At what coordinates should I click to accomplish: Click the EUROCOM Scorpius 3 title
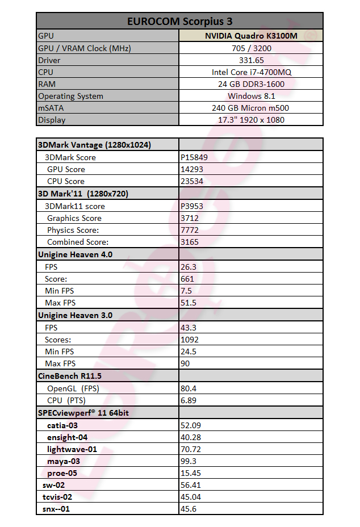(179, 21)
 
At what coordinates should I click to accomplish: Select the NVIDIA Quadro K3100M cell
(251, 36)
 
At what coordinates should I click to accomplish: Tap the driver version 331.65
(251, 60)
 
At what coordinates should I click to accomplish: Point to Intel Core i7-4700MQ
(251, 72)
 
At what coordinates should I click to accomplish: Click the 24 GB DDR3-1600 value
(251, 84)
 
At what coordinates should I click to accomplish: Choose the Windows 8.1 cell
(251, 96)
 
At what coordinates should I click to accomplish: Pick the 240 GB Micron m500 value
(251, 108)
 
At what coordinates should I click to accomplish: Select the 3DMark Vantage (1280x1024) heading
(94, 145)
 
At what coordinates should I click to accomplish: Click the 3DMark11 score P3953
(190, 206)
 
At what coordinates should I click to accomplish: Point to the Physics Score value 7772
(189, 230)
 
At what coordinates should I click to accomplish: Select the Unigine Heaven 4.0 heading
(75, 254)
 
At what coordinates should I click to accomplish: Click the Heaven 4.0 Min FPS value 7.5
(186, 291)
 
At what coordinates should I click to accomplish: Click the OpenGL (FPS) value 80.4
(189, 388)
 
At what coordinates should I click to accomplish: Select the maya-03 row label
(64, 461)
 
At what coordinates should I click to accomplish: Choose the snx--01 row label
(56, 509)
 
